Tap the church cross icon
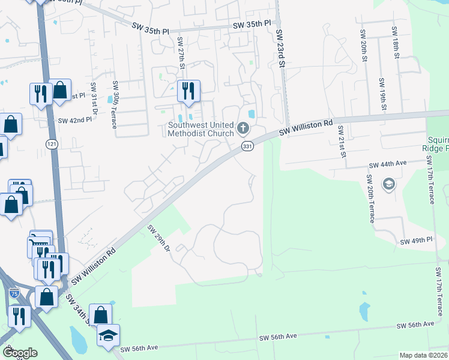(x=243, y=128)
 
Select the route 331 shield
(x=247, y=146)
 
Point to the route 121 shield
(x=52, y=143)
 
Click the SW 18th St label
(x=396, y=41)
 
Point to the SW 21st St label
(x=342, y=142)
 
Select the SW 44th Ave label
(x=388, y=163)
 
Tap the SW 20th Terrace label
(x=370, y=199)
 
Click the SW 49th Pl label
(x=416, y=241)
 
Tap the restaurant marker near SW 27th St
(x=188, y=91)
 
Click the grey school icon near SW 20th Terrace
(x=388, y=183)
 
